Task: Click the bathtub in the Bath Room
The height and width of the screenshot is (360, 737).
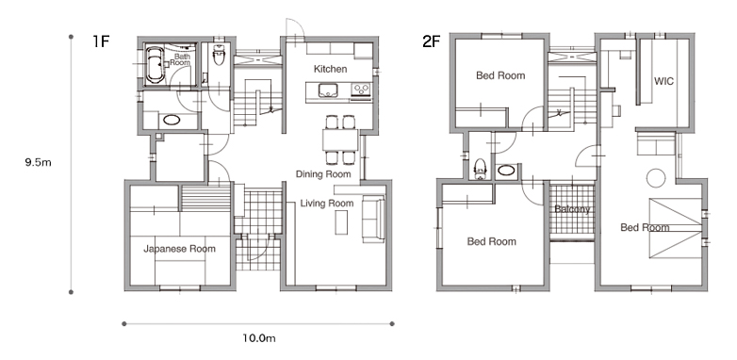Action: click(156, 65)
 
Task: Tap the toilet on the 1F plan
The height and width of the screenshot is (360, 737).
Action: click(219, 55)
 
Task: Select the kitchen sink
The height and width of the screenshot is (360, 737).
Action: click(328, 90)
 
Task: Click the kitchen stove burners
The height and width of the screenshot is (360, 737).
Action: click(361, 89)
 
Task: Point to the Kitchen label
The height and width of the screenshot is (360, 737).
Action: click(331, 69)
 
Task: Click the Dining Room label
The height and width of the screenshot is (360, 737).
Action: click(323, 174)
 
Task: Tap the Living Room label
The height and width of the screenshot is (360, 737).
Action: click(327, 204)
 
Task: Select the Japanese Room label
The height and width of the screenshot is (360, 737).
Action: click(180, 249)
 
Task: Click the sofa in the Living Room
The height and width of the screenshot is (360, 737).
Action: click(373, 219)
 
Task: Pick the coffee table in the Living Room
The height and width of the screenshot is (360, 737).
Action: click(341, 222)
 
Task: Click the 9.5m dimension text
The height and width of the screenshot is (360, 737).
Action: click(38, 163)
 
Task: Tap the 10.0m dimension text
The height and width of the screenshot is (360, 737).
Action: click(259, 338)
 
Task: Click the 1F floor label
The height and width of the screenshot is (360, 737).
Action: click(101, 41)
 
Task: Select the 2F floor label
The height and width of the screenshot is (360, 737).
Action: click(432, 41)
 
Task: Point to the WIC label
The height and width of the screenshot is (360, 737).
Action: click(663, 81)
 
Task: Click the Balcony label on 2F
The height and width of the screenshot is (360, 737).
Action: click(572, 209)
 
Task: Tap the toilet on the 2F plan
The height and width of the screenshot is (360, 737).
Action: click(480, 169)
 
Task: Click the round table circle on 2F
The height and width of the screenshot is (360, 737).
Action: click(656, 178)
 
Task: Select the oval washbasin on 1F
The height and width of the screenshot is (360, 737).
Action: click(172, 120)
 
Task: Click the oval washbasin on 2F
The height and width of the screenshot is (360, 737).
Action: click(505, 170)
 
